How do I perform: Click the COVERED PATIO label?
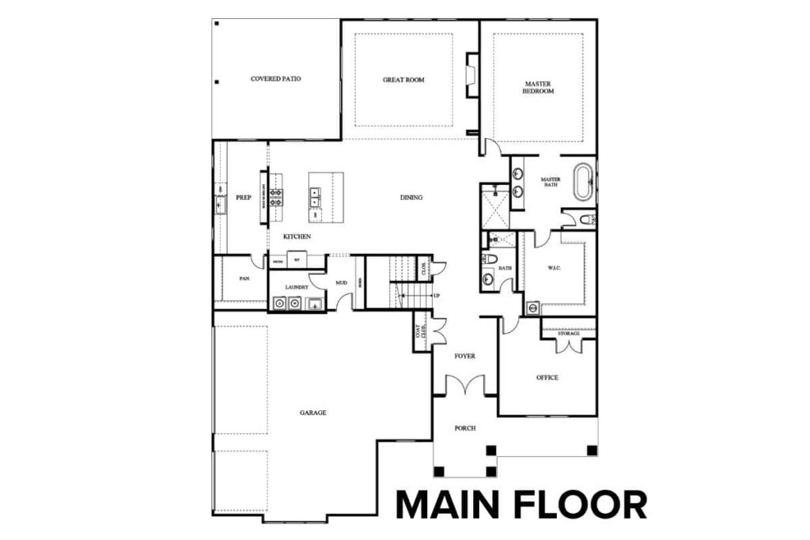point(275,79)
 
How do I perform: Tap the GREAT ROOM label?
point(403,80)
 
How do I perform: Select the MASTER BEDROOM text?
point(538,87)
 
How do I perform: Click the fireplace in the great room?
point(471,75)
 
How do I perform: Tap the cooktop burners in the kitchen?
point(277,197)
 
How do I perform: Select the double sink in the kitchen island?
point(315,196)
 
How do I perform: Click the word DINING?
point(411,198)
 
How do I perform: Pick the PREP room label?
point(244,198)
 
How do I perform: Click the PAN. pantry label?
point(244,279)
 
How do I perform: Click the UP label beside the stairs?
point(435,296)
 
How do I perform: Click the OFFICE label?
point(547,377)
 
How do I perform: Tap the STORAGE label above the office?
point(568,334)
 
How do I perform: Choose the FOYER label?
point(464,356)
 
